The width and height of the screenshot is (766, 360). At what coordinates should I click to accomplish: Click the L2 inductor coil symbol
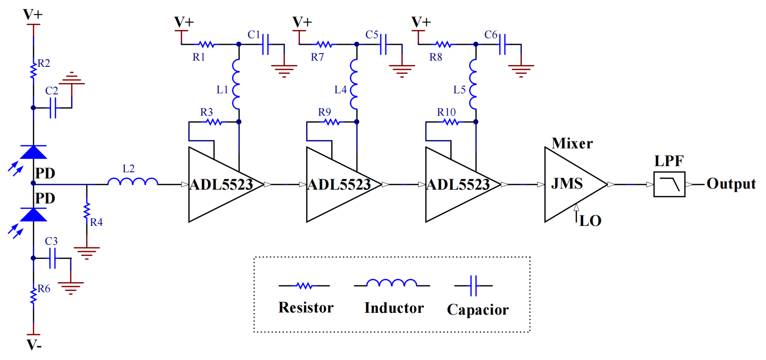point(133,182)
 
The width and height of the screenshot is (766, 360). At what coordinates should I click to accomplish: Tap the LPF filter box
point(669,184)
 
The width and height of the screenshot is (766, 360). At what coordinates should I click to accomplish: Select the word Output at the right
point(731,184)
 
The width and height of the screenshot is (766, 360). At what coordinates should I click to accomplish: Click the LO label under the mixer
point(590,221)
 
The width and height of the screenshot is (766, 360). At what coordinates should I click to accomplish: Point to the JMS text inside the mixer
point(567,184)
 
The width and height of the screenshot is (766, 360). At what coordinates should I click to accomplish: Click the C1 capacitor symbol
point(266,44)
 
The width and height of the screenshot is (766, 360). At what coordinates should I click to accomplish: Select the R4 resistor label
point(96,222)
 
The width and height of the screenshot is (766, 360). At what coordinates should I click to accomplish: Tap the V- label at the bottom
point(34,345)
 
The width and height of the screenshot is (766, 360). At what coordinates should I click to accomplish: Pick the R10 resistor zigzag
point(451,122)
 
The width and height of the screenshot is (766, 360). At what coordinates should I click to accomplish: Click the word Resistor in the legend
point(306,307)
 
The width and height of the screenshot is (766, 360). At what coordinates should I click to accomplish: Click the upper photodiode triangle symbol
point(33,152)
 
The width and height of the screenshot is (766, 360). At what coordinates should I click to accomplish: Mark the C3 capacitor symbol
point(52,258)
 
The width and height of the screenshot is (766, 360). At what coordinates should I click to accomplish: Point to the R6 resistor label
point(44,288)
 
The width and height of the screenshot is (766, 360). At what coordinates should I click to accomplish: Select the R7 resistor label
point(317,57)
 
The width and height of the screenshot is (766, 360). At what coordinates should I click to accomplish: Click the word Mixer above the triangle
point(572,143)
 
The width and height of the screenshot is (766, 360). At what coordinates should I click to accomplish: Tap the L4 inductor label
point(341,89)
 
